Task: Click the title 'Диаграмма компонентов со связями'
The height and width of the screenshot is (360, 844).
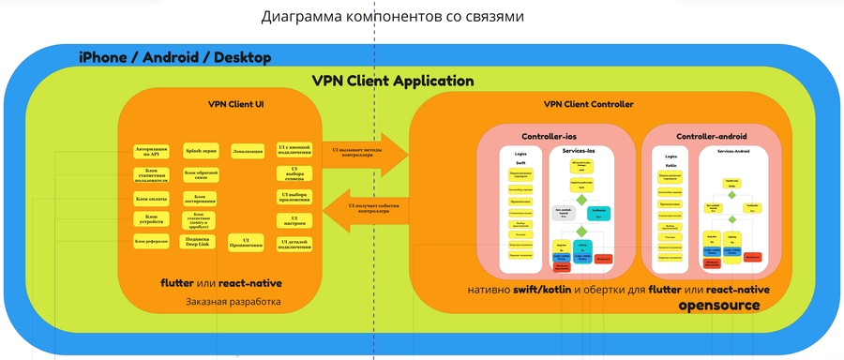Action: click(392, 17)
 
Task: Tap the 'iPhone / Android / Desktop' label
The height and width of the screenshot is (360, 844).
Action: click(174, 58)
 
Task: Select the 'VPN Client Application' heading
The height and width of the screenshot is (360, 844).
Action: click(392, 82)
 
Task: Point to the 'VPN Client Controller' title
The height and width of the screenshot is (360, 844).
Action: click(588, 104)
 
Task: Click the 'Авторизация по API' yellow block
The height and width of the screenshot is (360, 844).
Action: click(154, 151)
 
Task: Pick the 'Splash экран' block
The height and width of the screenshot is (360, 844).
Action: click(201, 149)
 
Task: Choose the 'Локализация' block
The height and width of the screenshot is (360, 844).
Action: click(248, 150)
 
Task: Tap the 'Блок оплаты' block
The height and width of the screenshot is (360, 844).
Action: click(153, 198)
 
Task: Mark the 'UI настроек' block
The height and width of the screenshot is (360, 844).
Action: click(293, 220)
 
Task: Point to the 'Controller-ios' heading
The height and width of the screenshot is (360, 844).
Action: click(549, 136)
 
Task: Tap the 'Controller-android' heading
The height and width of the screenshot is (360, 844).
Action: click(711, 136)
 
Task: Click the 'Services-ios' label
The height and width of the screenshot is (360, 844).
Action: click(580, 152)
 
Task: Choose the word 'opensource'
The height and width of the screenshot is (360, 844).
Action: click(725, 305)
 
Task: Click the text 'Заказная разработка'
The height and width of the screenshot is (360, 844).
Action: click(234, 302)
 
